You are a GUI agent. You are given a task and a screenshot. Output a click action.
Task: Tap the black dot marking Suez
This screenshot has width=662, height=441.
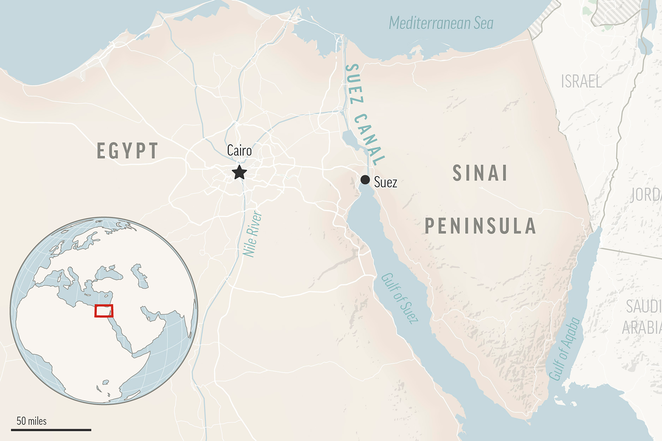365,179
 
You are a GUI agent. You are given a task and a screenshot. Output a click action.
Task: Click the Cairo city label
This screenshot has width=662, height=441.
239,151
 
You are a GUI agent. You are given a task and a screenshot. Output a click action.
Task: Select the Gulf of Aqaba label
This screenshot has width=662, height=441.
564,349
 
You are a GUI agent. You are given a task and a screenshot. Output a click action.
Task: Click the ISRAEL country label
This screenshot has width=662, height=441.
581,82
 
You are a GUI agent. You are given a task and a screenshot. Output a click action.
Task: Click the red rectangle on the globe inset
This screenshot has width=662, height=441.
104,311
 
